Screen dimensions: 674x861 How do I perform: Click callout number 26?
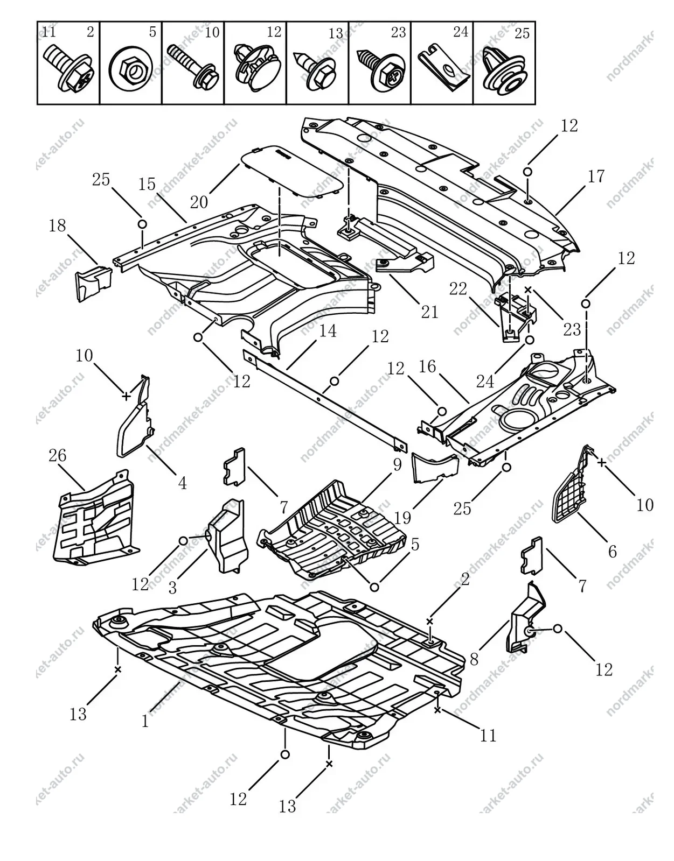coord(58,455)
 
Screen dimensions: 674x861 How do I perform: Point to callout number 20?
coord(199,202)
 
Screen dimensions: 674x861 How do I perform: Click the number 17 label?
coord(596,177)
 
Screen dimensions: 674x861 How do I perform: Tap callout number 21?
coord(429,312)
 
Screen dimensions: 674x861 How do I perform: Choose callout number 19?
coord(402,517)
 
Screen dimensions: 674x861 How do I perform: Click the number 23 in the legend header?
coord(398,32)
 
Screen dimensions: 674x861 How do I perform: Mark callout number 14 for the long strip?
coord(328,330)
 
